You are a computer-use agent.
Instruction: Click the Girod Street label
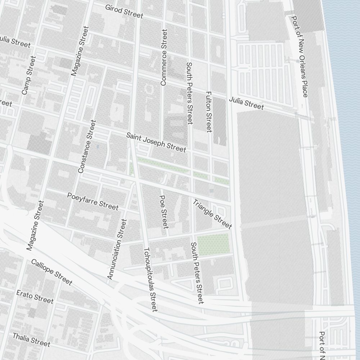[x=124, y=12]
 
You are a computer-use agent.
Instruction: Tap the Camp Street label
[x=29, y=75]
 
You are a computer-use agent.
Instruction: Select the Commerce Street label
[x=164, y=58]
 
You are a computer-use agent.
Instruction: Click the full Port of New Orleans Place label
[x=300, y=56]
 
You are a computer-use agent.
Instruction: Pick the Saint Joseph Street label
[x=156, y=142]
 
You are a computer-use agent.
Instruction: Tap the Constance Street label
[x=87, y=146]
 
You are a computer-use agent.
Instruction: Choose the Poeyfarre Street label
[x=93, y=201]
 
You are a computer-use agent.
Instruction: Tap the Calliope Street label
[x=51, y=272]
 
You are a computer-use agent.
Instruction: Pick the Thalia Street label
[x=31, y=339]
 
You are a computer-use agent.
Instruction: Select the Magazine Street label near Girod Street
[x=80, y=51]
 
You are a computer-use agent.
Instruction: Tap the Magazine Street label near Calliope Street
[x=35, y=226]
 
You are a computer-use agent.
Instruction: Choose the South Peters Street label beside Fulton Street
[x=190, y=93]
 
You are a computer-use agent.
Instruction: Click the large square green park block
[x=213, y=245]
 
